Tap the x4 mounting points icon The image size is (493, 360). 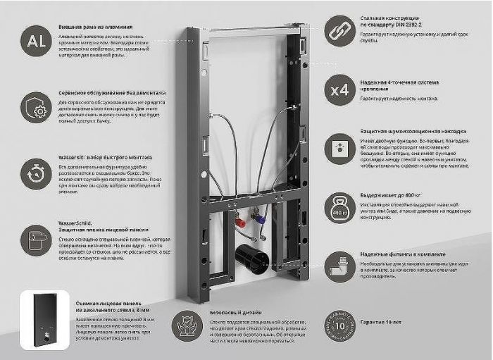tap(339, 90)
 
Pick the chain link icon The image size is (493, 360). tap(339, 31)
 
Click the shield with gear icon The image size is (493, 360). tap(35, 107)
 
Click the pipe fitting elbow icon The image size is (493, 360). tap(339, 267)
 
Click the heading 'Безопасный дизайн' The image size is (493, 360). tap(236, 311)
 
